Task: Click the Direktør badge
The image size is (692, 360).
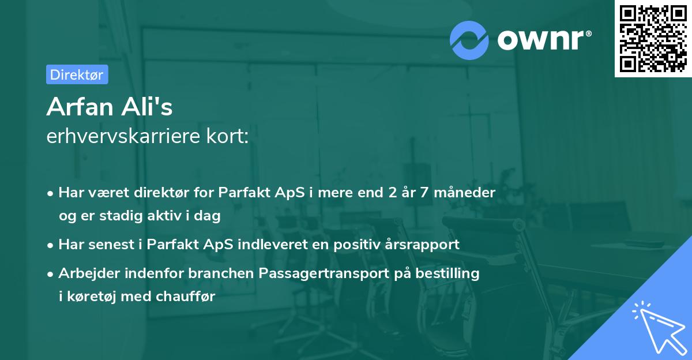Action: (x=77, y=74)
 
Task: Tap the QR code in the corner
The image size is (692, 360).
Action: (x=652, y=38)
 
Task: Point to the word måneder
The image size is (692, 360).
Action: (x=467, y=193)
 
